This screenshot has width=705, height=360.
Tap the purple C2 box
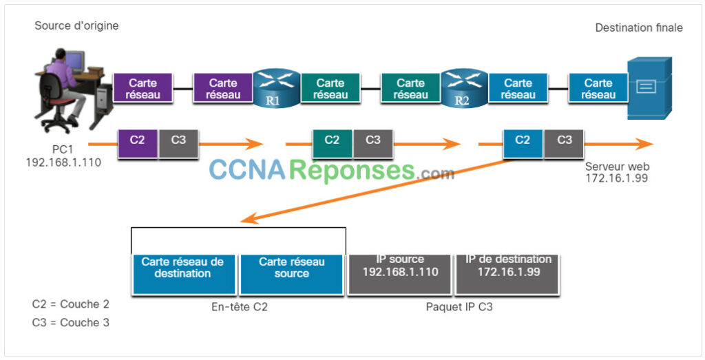coord(138,140)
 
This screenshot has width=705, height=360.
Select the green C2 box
coord(332,140)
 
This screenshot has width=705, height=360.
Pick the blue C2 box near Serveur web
coord(523,140)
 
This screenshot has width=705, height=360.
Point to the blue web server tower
coord(649,88)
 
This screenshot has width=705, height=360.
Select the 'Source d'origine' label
coord(76,26)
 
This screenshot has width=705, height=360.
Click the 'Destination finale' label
coord(639,28)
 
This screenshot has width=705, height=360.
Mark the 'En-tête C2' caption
coord(239,307)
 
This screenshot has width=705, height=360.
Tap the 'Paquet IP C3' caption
coord(459,307)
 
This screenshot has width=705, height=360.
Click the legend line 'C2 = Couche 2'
coord(70,304)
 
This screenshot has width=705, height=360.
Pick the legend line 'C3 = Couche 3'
coord(70,322)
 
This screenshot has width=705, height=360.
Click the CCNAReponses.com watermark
coord(331,169)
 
